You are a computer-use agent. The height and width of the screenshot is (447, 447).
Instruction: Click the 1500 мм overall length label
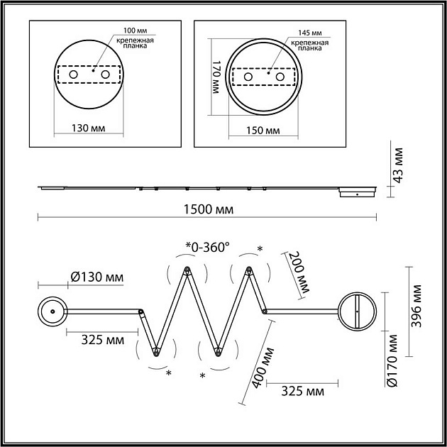click(x=209, y=209)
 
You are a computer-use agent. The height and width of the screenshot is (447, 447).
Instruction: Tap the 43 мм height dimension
click(x=397, y=165)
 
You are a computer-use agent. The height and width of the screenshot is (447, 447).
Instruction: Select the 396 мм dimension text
click(x=416, y=306)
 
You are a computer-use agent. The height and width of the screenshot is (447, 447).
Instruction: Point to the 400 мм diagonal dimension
click(x=263, y=368)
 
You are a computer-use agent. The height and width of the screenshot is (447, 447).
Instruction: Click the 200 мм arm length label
click(x=299, y=272)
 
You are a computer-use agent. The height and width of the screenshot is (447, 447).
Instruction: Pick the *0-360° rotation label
click(x=207, y=248)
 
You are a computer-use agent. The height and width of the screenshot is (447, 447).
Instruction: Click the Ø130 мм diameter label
click(x=97, y=277)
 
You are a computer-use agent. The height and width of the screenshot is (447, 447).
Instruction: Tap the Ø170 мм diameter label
click(x=392, y=360)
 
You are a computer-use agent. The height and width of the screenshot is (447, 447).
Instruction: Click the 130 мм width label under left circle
click(x=88, y=128)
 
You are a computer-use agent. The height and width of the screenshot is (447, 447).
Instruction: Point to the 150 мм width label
click(x=263, y=131)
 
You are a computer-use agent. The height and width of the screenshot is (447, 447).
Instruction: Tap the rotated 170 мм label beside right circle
click(x=216, y=77)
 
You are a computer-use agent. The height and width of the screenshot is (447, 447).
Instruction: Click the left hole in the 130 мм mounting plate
click(x=73, y=74)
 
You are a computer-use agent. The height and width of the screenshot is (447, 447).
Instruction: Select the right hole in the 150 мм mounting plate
click(x=280, y=77)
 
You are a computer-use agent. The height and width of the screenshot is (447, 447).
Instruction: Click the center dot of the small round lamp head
click(x=53, y=311)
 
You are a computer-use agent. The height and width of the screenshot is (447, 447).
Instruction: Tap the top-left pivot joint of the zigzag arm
click(x=187, y=269)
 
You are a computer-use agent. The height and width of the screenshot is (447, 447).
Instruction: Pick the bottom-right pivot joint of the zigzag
click(x=218, y=353)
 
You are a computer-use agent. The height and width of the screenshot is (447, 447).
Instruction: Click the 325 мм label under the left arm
click(x=103, y=340)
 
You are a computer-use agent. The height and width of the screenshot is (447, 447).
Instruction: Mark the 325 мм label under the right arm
click(x=303, y=392)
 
